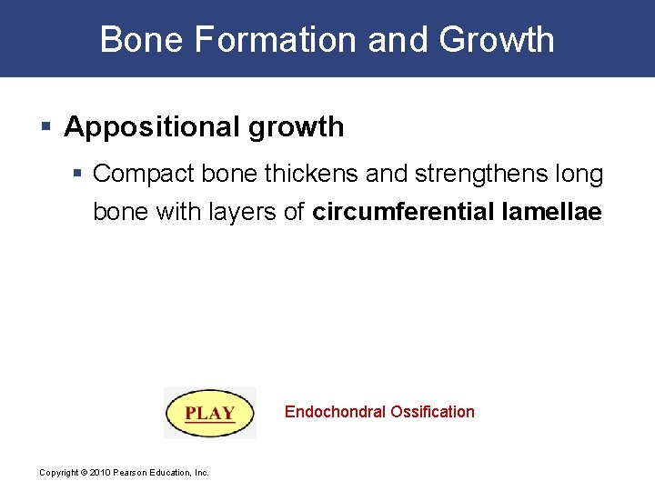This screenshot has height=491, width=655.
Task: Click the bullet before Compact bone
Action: click(80, 173)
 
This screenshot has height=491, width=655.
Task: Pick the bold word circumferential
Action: click(404, 212)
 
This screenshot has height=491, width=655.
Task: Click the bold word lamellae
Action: click(552, 212)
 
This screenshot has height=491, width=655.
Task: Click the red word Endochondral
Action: click(335, 412)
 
